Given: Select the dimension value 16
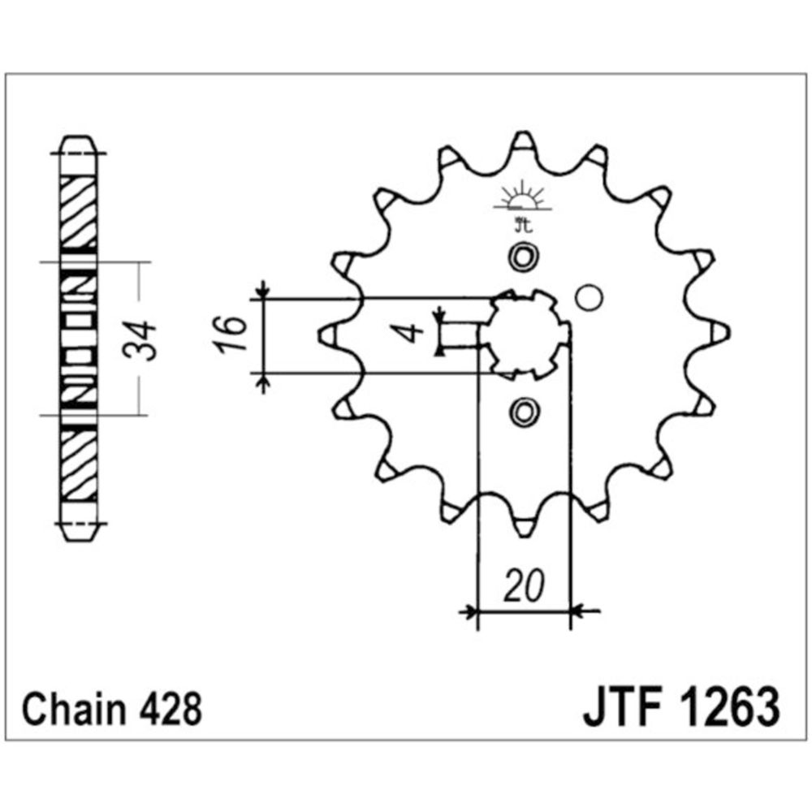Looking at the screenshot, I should (x=231, y=334).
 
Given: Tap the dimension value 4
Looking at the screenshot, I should (x=412, y=332).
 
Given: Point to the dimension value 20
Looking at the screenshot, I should (x=523, y=587).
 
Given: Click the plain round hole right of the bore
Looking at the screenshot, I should (x=589, y=298).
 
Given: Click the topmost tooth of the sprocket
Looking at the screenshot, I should (x=524, y=145).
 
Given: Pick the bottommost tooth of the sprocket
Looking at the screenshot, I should (x=524, y=524).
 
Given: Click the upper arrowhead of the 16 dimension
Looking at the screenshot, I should (x=261, y=290).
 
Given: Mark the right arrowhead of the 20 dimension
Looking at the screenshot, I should (x=578, y=610).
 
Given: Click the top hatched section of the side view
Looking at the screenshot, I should (x=79, y=209).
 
